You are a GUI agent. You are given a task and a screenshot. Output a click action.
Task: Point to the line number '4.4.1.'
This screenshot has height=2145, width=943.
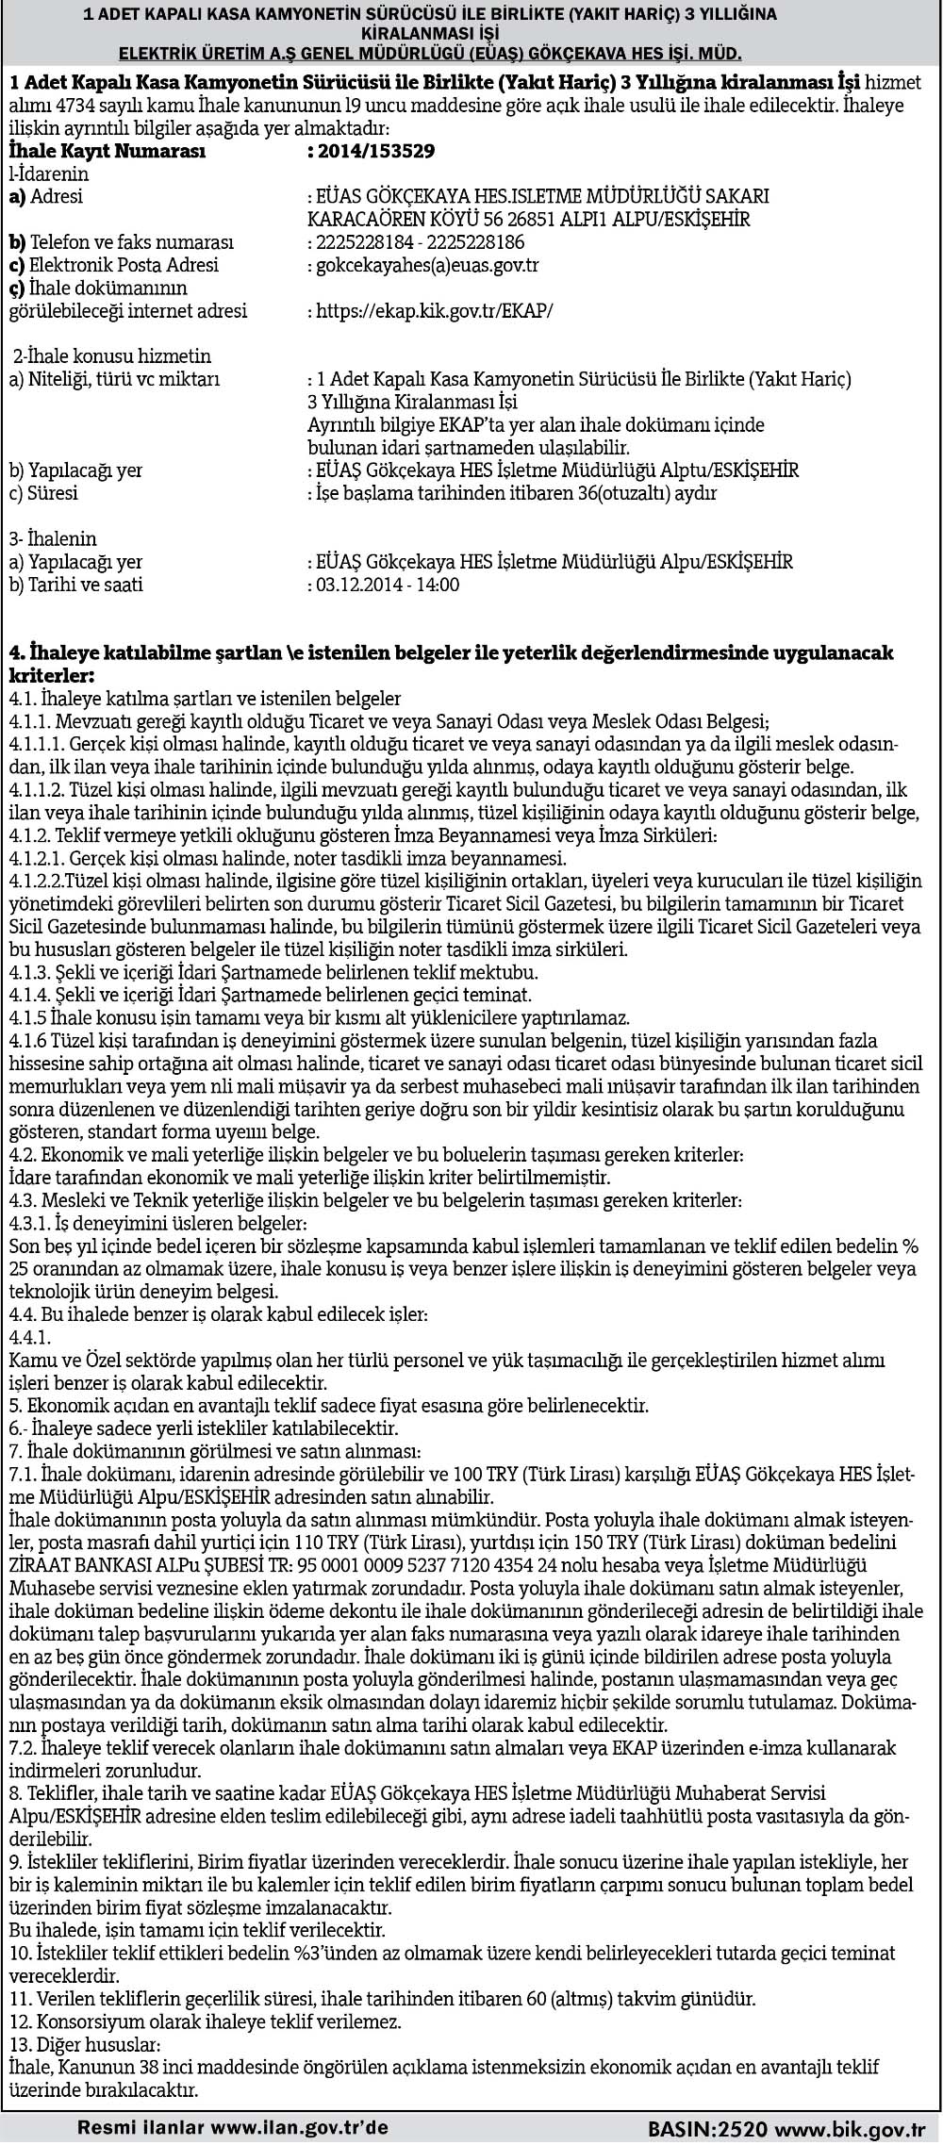[29, 1337]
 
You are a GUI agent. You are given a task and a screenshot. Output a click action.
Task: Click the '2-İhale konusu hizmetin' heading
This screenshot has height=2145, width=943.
[111, 356]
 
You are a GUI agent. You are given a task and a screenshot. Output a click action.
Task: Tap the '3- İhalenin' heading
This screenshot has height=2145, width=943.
[53, 539]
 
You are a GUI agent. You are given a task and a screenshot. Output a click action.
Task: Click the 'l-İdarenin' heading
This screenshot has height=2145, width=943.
[49, 173]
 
